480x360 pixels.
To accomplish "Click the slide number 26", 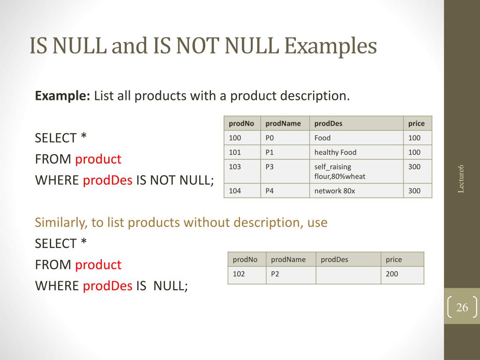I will pyautogui.click(x=462, y=308).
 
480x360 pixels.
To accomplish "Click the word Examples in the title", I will pyautogui.click(x=331, y=46).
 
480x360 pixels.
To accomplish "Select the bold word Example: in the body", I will pyautogui.click(x=63, y=97).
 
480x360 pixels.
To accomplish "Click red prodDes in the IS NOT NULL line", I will pyautogui.click(x=108, y=180).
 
